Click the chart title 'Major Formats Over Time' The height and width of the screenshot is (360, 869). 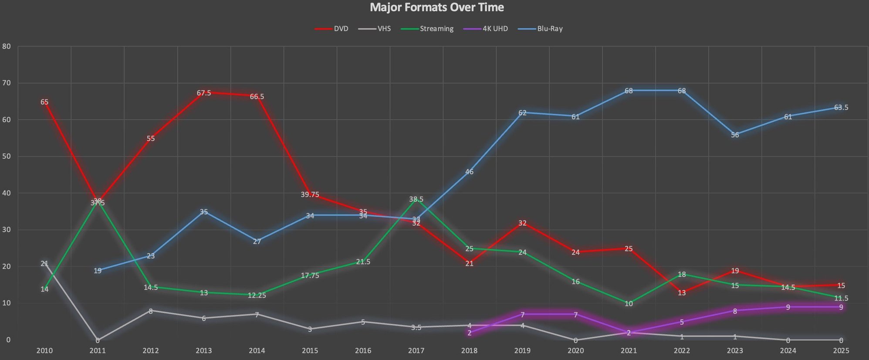[436, 7]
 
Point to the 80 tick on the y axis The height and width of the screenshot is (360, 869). [7, 46]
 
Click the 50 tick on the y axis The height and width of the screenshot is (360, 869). [7, 156]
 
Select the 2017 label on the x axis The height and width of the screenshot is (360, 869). [416, 350]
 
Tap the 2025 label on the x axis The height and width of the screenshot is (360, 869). [841, 350]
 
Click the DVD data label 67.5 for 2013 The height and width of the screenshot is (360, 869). [204, 93]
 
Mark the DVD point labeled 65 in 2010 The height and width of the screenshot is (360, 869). [44, 102]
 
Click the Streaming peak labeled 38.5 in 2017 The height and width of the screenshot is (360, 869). [416, 199]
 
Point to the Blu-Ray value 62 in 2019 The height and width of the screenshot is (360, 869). [522, 113]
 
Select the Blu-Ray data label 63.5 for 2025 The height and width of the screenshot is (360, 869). [841, 107]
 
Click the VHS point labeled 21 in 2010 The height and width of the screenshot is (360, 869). [44, 263]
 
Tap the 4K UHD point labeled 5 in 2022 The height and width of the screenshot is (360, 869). [682, 322]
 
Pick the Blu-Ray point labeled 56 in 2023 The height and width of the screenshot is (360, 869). [735, 135]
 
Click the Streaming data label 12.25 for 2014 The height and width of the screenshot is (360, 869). [257, 295]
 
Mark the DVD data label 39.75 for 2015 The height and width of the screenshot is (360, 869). [310, 194]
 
